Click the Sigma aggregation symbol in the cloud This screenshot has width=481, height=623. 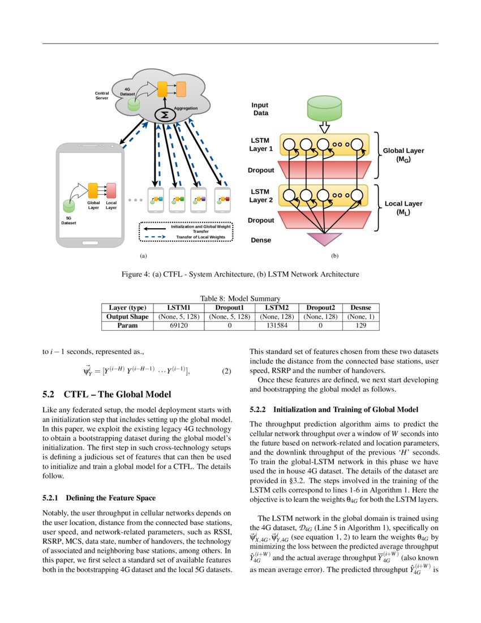tap(165, 115)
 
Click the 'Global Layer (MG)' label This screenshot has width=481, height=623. tap(403, 155)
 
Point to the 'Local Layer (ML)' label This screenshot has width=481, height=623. tap(403, 208)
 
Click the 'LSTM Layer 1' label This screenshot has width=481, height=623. tap(261, 144)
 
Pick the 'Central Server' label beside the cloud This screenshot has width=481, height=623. tap(102, 95)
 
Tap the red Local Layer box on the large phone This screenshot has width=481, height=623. tap(111, 191)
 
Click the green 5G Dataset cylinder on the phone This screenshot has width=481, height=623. tap(68, 206)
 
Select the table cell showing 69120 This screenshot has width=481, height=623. tap(179, 326)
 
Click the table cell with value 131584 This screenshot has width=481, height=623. tap(277, 326)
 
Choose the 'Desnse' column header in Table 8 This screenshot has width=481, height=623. tap(361, 308)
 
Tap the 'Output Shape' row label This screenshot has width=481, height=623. tap(127, 317)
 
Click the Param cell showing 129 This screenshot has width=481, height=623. tap(361, 326)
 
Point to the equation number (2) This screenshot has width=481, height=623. tap(226, 371)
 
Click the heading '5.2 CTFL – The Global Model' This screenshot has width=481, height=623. tap(107, 394)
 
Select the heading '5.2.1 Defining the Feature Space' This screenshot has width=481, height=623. tap(99, 498)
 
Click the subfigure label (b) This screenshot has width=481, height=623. tap(334, 256)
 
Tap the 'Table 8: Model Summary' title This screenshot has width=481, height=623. tap(240, 298)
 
